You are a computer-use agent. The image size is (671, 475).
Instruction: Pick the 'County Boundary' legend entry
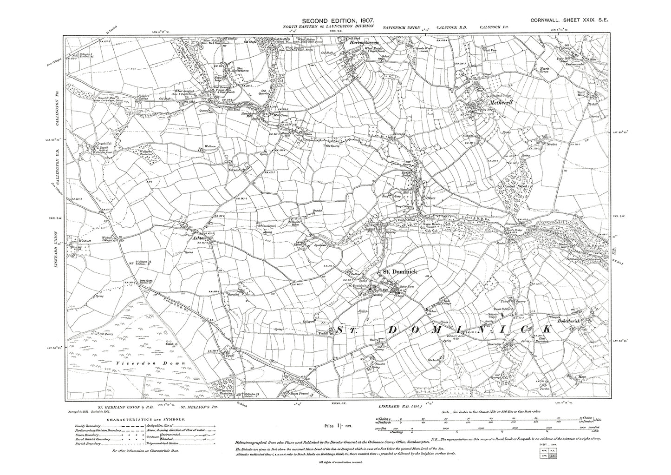coord(88,427)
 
